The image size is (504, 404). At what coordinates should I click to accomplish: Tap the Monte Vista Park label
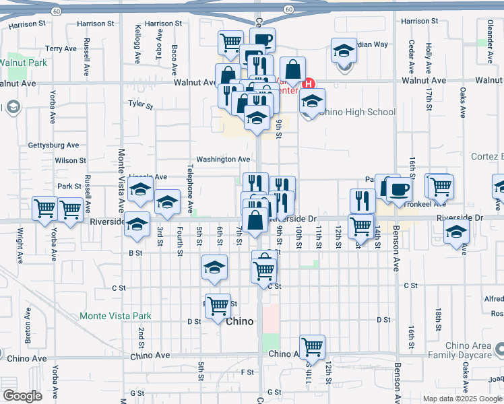[x=115, y=316]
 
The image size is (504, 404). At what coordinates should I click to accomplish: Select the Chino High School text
[x=356, y=112]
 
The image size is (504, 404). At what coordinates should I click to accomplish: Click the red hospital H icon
[x=309, y=84]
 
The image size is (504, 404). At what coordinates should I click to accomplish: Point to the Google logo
[x=22, y=396]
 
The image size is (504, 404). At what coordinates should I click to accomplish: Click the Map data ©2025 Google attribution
[x=462, y=399]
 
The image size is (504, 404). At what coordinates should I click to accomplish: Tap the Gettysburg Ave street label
[x=53, y=145]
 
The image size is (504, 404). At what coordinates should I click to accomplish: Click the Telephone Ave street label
[x=190, y=189]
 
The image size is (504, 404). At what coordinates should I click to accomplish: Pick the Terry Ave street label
[x=61, y=48]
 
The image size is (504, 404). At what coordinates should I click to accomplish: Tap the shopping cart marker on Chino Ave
[x=313, y=347]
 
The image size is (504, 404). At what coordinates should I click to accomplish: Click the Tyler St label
[x=141, y=105]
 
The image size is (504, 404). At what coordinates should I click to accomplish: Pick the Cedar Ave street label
[x=411, y=57]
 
